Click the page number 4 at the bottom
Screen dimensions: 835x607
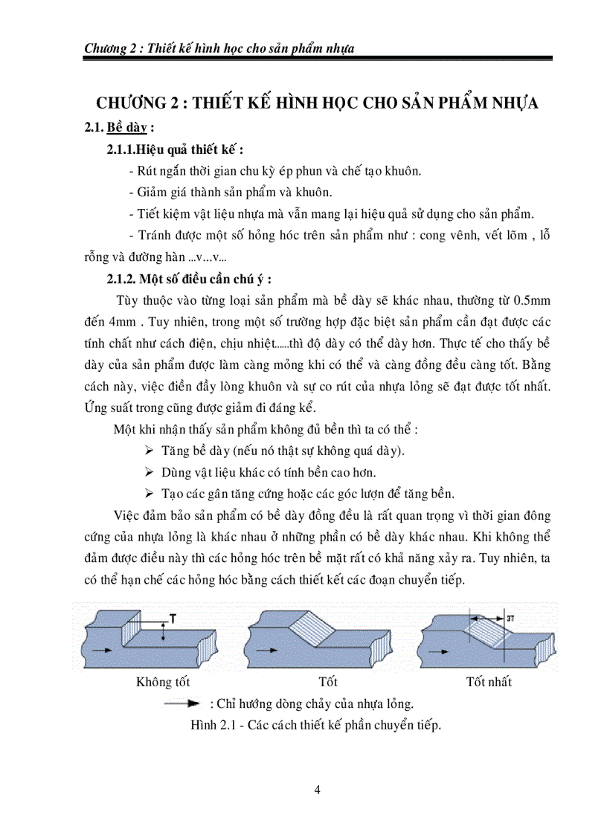(318, 790)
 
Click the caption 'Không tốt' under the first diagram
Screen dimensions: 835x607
(163, 681)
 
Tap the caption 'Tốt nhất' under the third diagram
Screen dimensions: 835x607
(489, 681)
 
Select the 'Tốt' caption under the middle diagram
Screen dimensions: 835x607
(327, 681)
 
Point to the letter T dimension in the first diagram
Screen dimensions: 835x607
(173, 618)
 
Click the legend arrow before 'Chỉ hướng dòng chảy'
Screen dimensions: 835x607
(184, 703)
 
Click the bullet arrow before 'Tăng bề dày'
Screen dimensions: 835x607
(147, 451)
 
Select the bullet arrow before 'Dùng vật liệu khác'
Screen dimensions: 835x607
(147, 472)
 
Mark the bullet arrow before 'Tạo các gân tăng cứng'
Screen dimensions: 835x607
(147, 494)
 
